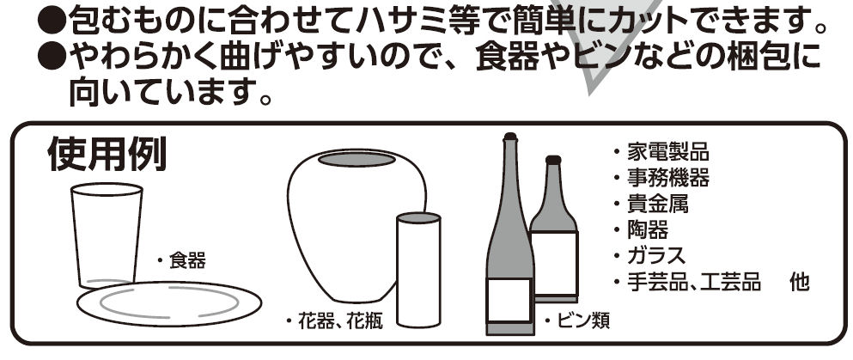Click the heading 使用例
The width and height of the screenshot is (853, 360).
click(107, 155)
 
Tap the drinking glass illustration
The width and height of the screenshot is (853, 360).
click(107, 235)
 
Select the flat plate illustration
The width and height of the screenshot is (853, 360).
click(169, 304)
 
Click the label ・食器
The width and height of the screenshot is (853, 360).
click(182, 261)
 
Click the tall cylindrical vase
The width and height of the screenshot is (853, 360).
click(418, 271)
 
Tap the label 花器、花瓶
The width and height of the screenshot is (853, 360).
click(334, 321)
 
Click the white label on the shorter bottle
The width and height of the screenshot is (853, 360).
click(554, 263)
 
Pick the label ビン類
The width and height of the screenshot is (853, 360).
click(578, 321)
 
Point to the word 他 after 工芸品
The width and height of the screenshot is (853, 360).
click(800, 282)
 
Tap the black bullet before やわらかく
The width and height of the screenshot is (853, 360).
click(52, 57)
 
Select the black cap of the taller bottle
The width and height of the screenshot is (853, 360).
click(509, 137)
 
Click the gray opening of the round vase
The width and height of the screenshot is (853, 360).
click(356, 159)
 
